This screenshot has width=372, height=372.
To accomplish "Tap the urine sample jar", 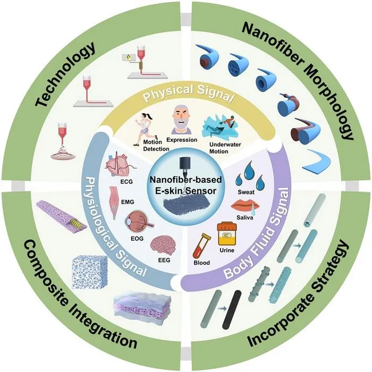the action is point(227,233).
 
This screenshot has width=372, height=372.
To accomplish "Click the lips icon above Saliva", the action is point(245,205).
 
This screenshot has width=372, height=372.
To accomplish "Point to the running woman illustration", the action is point(145,129).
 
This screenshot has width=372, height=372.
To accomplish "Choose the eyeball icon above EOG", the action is point(139,222).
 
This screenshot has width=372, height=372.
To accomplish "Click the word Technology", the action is point(65,74).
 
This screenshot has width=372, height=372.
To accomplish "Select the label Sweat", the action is point(246,192).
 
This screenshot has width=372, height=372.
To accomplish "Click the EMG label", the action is point(128,202).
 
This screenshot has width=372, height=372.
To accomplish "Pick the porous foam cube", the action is point(89,272).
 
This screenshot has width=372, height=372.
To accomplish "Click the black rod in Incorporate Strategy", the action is point(232,309).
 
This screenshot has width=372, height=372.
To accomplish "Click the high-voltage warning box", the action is point(129,57).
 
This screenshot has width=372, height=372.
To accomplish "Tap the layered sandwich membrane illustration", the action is point(142,307).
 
